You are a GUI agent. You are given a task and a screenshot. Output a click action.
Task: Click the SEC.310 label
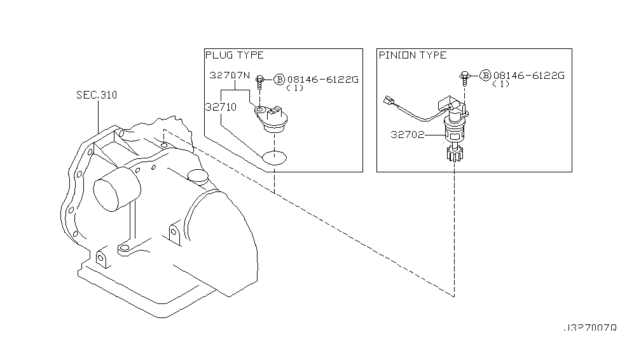(97, 95)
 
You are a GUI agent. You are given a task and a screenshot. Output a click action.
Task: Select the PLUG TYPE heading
(234, 55)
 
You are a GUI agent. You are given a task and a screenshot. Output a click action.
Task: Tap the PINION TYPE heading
(413, 55)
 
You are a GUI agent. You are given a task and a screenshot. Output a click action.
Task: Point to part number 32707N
(229, 75)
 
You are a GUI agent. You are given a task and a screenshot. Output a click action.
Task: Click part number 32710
(221, 107)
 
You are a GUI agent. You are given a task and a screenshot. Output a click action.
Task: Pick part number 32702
(409, 135)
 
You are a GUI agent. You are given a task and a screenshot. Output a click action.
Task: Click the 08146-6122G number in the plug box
(323, 79)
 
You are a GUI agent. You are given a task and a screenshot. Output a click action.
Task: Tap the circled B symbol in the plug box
(279, 79)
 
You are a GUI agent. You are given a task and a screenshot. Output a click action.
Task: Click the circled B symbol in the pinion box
(485, 75)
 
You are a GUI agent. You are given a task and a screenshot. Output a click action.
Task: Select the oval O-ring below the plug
(275, 156)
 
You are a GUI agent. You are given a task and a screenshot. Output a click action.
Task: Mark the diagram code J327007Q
(589, 329)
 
